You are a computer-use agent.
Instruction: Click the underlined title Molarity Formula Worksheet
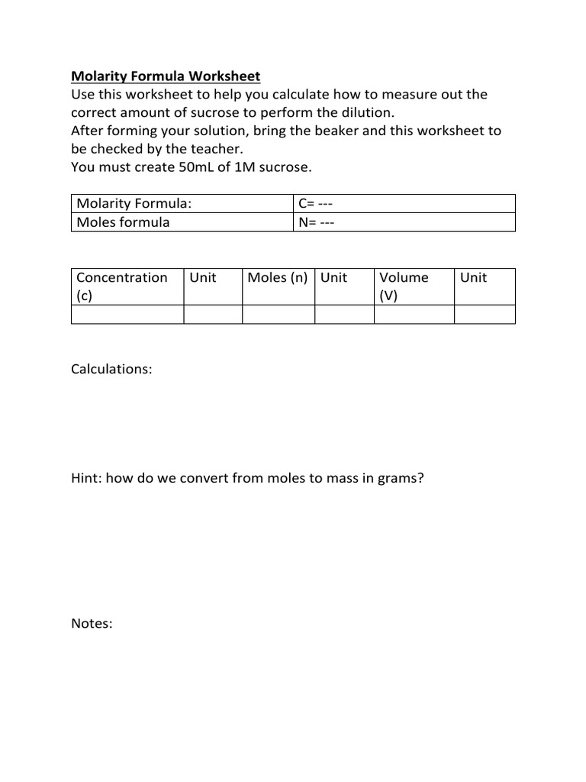click(166, 76)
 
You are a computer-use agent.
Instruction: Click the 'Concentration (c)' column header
click(127, 286)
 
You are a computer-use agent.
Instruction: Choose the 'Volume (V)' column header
click(414, 286)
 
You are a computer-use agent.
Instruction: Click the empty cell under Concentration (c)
click(127, 314)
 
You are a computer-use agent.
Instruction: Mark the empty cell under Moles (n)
click(278, 314)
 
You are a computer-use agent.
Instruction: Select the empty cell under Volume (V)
click(414, 314)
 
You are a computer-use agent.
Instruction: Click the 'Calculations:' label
click(111, 369)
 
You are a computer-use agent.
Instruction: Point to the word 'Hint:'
click(87, 479)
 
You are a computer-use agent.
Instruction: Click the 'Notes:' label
click(92, 624)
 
